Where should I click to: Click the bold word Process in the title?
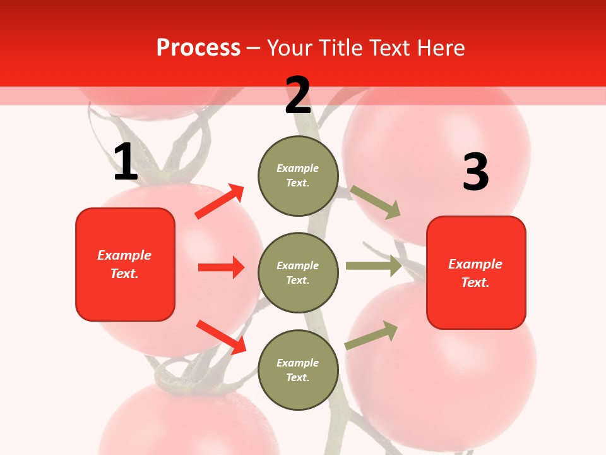coord(198,48)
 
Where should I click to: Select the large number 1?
coord(126,162)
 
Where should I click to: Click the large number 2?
coord(298,95)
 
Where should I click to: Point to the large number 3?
coord(475,173)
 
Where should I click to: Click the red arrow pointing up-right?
coord(220,202)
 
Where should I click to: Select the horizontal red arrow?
coord(221,267)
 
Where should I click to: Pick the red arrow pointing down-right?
coord(221,337)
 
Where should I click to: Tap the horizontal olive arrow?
coord(374,266)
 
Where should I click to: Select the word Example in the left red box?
coord(124,255)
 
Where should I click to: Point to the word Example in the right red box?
coord(475,264)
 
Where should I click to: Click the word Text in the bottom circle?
coord(297,377)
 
